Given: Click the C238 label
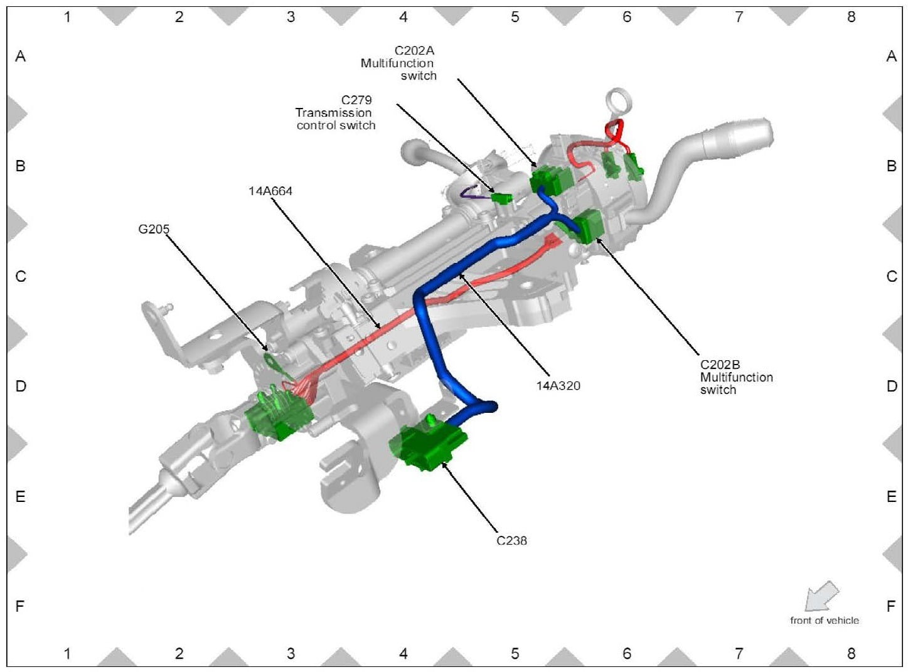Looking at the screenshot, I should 511,540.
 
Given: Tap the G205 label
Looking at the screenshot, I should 154,229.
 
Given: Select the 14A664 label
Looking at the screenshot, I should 270,191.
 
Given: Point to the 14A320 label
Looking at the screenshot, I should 558,385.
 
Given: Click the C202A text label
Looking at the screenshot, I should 414,51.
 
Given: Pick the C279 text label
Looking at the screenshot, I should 356,100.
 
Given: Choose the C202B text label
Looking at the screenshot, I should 720,365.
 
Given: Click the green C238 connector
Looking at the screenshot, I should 429,447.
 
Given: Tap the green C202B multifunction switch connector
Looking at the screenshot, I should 587,226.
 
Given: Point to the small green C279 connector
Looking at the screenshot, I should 502,198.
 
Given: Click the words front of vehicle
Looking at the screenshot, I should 824,621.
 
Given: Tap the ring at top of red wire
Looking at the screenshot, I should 619,100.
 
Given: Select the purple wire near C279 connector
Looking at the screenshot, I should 474,195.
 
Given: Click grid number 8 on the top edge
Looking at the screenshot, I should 851,17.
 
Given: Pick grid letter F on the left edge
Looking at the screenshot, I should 20,606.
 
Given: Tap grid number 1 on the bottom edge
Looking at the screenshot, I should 67,653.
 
